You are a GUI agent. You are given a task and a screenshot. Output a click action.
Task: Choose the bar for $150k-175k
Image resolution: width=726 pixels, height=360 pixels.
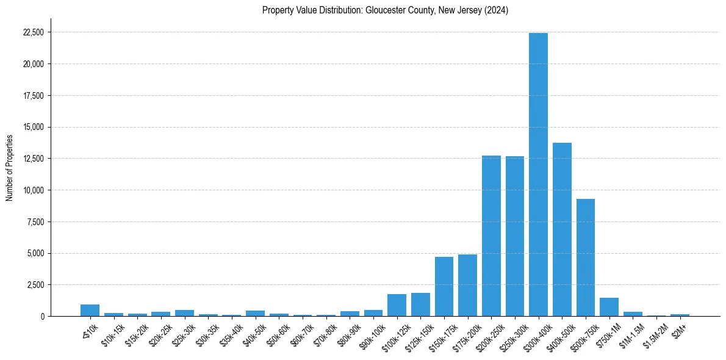click(444, 287)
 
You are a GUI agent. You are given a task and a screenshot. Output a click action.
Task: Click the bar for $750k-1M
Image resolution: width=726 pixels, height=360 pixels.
click(609, 307)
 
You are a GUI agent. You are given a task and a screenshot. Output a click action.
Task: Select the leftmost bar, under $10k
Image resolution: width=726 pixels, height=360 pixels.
click(90, 311)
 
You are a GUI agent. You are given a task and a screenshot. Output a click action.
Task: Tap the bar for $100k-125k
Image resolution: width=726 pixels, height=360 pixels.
click(397, 305)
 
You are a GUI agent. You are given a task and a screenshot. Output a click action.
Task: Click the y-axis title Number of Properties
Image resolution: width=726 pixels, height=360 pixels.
click(9, 168)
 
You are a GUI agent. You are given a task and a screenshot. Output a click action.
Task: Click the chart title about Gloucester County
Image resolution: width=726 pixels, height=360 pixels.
click(385, 10)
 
